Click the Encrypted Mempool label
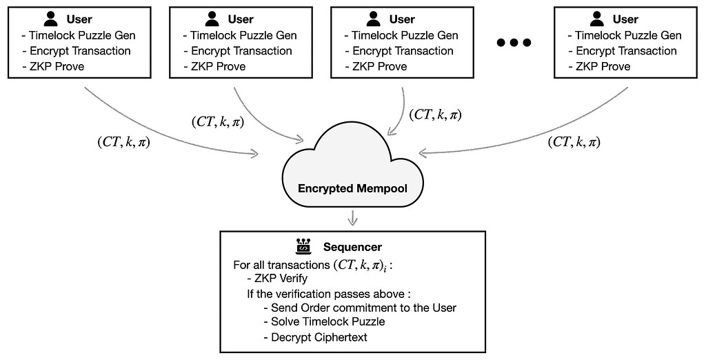[353, 188]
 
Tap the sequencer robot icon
[302, 246]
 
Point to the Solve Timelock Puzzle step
[328, 322]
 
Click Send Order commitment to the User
[364, 308]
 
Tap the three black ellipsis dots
[514, 43]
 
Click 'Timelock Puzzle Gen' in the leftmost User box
[83, 36]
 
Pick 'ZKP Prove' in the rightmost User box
[599, 66]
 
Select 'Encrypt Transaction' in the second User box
[237, 51]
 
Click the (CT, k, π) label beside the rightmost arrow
[574, 143]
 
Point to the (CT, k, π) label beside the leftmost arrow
[125, 143]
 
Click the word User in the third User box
[402, 19]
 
